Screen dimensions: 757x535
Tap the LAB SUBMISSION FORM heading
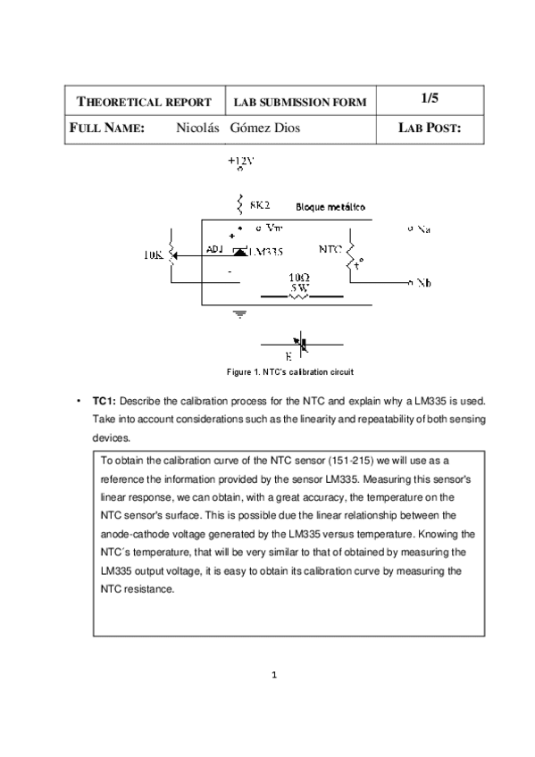299,103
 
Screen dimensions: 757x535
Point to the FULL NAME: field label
107,129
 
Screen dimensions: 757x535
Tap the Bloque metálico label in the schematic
329,206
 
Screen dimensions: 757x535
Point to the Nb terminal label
424,283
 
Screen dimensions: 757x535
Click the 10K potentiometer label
155,254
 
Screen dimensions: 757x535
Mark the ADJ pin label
215,250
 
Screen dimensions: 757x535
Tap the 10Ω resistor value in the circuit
300,278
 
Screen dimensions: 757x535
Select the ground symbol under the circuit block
238,313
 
